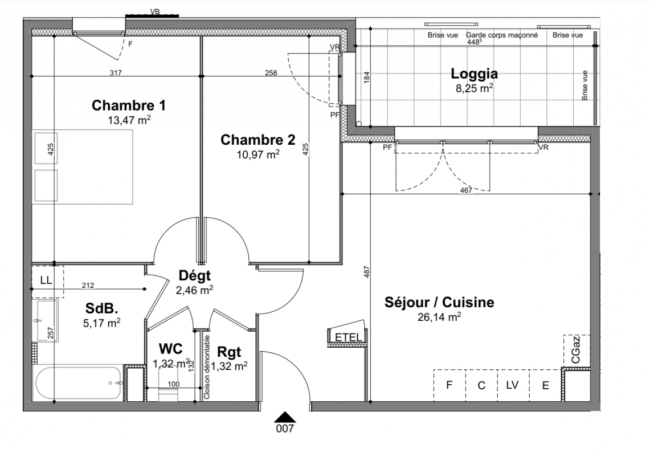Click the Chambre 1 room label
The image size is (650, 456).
[129, 105]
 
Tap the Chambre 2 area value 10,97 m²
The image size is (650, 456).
[258, 154]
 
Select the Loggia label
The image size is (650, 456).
[474, 74]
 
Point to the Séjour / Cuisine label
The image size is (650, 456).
[439, 302]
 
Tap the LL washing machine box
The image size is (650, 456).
[48, 282]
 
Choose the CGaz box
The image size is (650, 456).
[576, 351]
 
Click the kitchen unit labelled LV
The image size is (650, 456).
[512, 385]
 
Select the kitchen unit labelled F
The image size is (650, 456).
[449, 385]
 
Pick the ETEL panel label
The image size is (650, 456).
[348, 337]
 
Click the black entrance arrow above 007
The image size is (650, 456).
[285, 417]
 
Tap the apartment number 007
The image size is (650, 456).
[285, 429]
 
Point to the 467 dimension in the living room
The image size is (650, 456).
[466, 190]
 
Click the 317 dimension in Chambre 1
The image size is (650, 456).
[116, 72]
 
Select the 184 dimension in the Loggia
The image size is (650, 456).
[366, 78]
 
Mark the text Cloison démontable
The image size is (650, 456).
[207, 367]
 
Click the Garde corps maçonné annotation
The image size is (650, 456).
[501, 35]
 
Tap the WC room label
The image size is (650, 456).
[170, 348]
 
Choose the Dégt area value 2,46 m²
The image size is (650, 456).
[194, 290]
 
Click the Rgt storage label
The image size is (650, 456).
[229, 353]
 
